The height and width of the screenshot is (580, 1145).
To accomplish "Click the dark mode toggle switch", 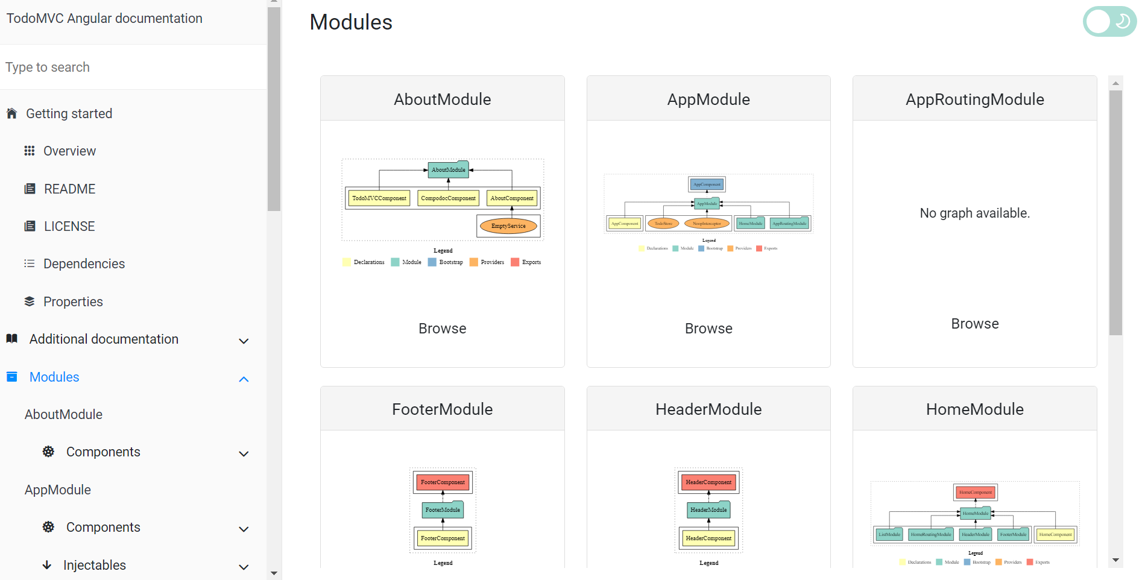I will point(1109,22).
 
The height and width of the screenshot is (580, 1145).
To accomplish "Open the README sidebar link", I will point(69,189).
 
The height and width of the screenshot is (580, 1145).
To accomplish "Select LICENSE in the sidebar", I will point(69,226).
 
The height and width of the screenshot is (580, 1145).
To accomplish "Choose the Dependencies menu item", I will point(84,263).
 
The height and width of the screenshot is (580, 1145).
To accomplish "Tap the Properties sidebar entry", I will point(73,301).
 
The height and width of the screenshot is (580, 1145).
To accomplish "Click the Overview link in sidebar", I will point(69,151).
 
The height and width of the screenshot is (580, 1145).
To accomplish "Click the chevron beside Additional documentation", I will point(244,341).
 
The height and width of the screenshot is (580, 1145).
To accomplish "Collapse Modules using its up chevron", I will point(244,379).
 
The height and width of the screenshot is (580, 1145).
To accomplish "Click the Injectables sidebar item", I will point(95,565).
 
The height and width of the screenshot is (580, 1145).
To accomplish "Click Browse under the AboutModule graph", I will point(442,329).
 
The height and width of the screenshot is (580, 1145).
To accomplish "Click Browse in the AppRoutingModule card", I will point(974,324).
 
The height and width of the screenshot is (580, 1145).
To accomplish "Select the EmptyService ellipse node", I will point(508,226).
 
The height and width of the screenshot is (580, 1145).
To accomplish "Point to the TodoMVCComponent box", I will point(379,198).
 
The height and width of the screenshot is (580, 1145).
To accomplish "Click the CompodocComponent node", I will point(448,198).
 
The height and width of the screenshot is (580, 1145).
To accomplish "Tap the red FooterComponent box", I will point(443,482).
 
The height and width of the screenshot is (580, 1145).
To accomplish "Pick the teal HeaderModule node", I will point(708,510).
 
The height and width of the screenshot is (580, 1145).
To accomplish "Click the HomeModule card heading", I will point(974,409).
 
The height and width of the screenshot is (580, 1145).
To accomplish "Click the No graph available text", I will point(974,213).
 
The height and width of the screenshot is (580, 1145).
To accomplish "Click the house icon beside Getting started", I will point(11,113).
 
